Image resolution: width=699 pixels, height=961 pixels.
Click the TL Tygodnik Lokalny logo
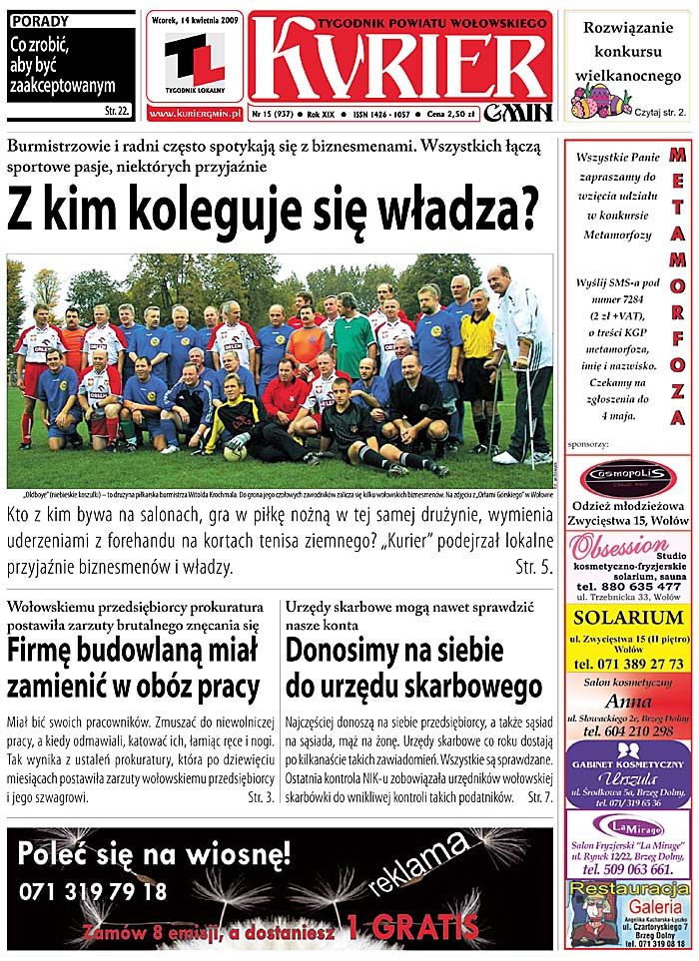coord(195,59)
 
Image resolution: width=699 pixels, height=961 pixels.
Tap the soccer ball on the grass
coord(234,451)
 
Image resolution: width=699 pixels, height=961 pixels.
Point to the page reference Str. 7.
coord(539,797)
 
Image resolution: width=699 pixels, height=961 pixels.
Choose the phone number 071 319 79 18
coord(92,891)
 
